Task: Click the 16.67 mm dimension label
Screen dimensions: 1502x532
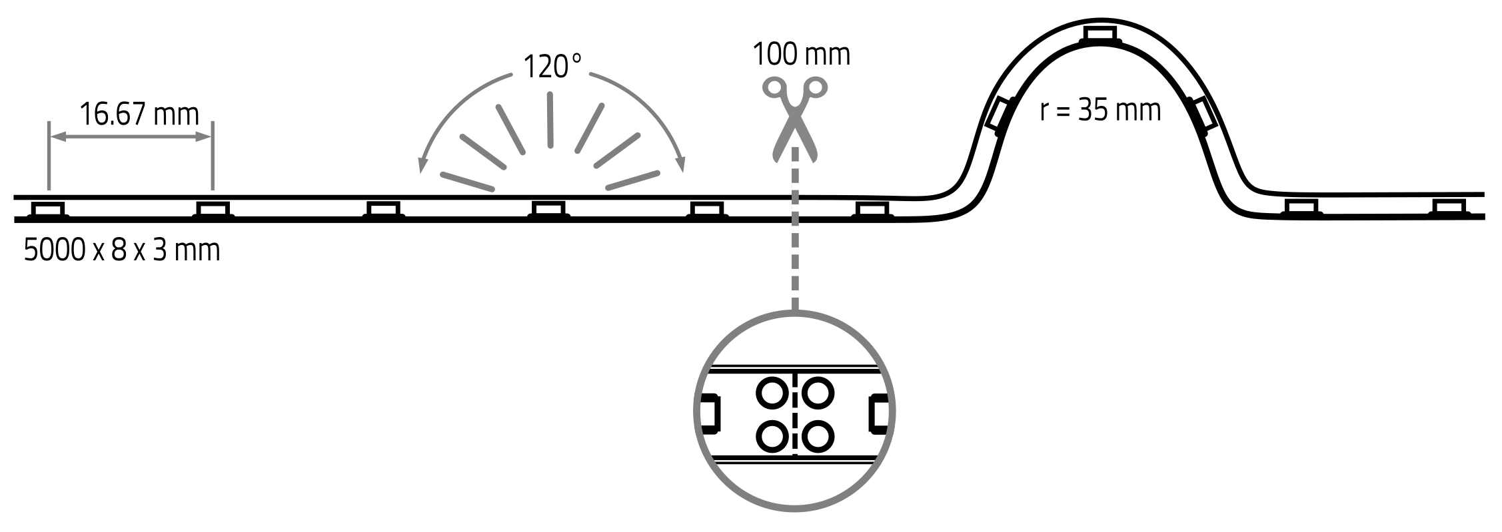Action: (139, 115)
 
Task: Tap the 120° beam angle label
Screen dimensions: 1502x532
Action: (552, 67)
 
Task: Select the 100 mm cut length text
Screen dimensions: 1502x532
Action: (801, 55)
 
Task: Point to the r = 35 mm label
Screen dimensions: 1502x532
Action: (1100, 111)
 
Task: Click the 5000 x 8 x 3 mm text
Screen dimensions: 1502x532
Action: (122, 251)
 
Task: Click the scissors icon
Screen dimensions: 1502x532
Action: (795, 119)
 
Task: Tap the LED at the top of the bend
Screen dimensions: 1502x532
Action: (1100, 34)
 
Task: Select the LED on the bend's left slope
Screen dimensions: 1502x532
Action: (1000, 114)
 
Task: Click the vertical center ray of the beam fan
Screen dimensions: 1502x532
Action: (550, 120)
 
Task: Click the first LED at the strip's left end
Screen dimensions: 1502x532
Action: (48, 210)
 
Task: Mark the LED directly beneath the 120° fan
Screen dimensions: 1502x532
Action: (549, 210)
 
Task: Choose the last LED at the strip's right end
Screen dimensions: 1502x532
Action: (1450, 208)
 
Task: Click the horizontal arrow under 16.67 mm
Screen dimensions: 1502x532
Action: (131, 138)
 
